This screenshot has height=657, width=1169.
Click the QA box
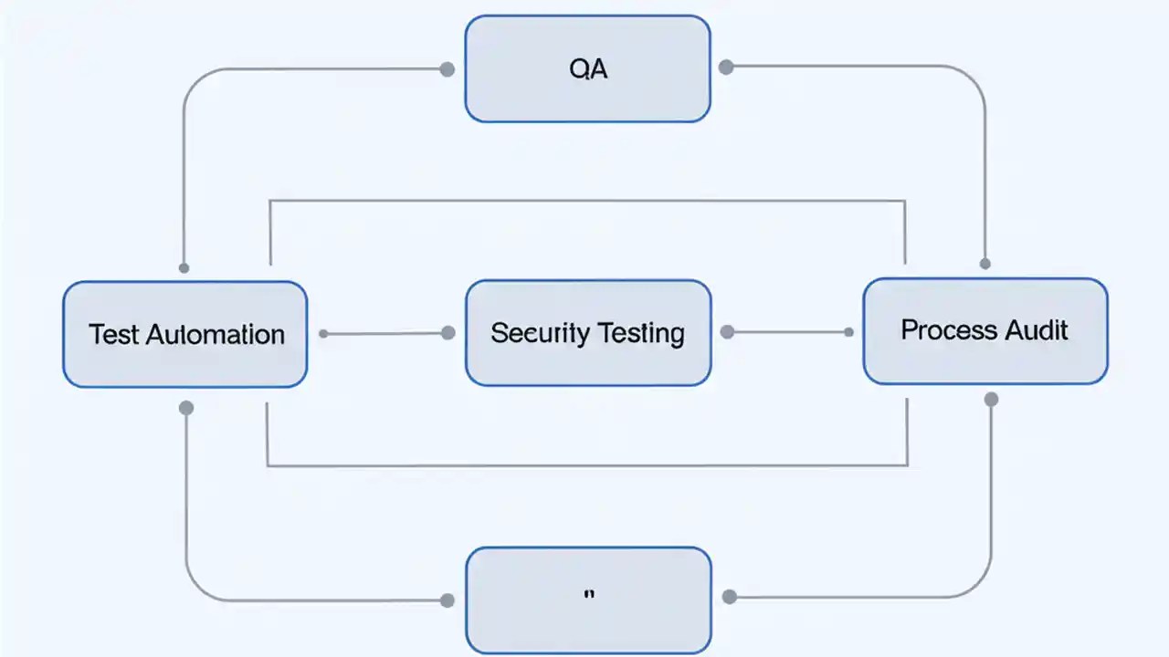pyautogui.click(x=587, y=68)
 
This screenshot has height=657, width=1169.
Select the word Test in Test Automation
pyautogui.click(x=113, y=334)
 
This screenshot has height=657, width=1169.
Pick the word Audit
pyautogui.click(x=1036, y=329)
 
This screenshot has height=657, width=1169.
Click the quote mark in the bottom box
pyautogui.click(x=588, y=595)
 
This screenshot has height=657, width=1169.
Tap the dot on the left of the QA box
pyautogui.click(x=448, y=69)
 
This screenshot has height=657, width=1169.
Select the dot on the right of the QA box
pyautogui.click(x=726, y=67)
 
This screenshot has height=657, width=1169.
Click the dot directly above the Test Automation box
pyautogui.click(x=184, y=268)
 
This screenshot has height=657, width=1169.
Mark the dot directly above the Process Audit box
pyautogui.click(x=985, y=264)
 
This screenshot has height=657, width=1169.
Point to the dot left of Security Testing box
pyautogui.click(x=448, y=333)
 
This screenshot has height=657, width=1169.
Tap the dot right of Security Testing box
pyautogui.click(x=727, y=332)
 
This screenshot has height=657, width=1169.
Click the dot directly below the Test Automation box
pyautogui.click(x=186, y=408)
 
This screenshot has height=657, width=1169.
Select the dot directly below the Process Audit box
pyautogui.click(x=991, y=399)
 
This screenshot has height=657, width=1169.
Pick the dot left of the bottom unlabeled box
pyautogui.click(x=448, y=600)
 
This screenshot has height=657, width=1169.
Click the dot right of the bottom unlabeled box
pyautogui.click(x=729, y=597)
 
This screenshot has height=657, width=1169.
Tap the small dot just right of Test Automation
pyautogui.click(x=323, y=334)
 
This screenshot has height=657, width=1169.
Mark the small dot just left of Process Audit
pyautogui.click(x=848, y=332)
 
